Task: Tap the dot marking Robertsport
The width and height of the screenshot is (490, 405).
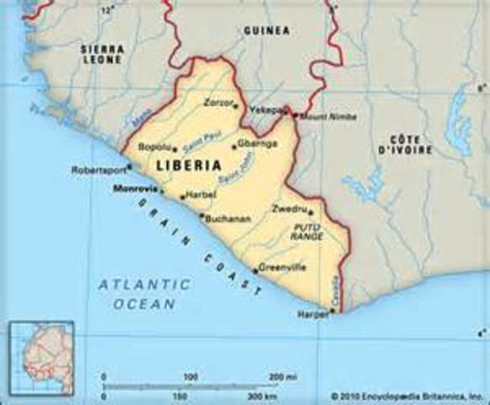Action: (x=129, y=166)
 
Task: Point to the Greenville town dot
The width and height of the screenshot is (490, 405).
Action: (x=255, y=271)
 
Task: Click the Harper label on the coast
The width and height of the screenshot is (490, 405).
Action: (x=313, y=313)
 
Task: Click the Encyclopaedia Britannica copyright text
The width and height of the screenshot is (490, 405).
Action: (x=408, y=395)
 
